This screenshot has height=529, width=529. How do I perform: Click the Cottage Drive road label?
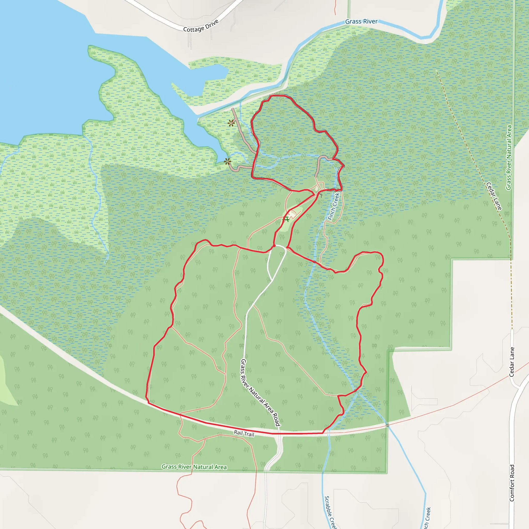coord(201,26)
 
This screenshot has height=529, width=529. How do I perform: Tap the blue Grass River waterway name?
coord(361,21)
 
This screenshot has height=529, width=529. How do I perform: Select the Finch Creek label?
coord(334,206)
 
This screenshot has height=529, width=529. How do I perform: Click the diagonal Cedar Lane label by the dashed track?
coord(494,196)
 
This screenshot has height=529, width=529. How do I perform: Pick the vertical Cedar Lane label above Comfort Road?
coord(512,362)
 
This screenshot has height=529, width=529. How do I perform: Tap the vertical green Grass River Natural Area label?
coord(509,158)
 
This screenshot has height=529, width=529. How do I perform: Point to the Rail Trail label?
coord(244,433)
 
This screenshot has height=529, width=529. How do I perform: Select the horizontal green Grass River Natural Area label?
coord(194,467)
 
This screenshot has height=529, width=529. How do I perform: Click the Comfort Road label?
coord(512,483)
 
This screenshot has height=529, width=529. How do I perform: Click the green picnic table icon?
coord(286,219)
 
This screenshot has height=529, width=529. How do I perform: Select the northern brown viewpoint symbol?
coord(231,123)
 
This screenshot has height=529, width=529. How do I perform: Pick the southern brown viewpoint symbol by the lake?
coord(227,161)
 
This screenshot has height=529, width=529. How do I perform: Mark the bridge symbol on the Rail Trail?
coord(387,425)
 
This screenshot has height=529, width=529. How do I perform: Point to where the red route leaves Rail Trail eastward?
coord(323,433)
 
